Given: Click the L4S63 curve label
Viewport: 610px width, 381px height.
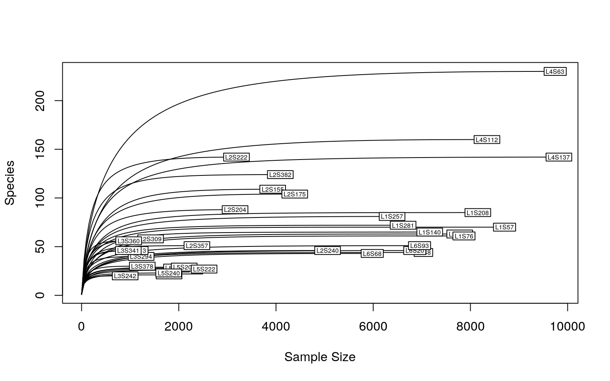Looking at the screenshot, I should click(555, 72).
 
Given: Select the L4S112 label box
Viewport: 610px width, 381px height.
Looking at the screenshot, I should click(486, 140).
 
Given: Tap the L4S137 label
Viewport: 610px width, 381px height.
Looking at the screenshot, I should click(559, 158).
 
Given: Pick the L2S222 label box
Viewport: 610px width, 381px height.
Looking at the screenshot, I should click(236, 158).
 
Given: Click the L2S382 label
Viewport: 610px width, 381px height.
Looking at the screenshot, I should click(280, 175).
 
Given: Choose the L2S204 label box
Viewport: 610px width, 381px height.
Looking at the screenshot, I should click(235, 210).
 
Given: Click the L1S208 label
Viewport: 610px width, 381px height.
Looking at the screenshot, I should click(478, 213).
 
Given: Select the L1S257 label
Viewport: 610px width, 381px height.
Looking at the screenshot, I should click(392, 217).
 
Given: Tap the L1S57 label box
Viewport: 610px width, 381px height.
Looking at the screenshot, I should click(505, 227).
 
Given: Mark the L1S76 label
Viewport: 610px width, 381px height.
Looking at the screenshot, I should click(464, 237).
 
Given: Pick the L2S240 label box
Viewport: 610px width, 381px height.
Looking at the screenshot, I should click(328, 251).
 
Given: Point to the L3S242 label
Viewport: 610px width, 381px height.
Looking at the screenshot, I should click(125, 276).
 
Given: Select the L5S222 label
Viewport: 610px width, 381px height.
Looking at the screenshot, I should click(204, 269).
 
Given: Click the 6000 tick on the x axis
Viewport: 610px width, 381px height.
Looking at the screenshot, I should click(373, 327).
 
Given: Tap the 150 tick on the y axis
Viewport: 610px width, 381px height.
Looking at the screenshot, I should click(40, 149).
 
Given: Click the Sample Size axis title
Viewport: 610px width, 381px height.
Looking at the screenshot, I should click(320, 357).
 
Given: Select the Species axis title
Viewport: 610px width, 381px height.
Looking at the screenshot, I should click(10, 183).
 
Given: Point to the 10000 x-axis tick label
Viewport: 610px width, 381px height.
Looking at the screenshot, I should click(567, 327).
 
